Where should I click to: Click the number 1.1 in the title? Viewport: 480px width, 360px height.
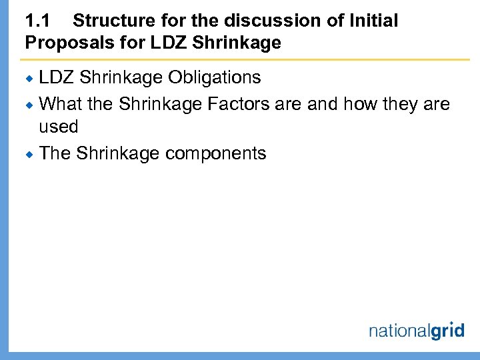click(x=38, y=21)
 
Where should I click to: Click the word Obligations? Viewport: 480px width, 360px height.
click(x=214, y=78)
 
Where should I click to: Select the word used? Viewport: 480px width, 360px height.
click(x=59, y=127)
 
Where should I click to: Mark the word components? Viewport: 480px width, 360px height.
click(x=215, y=154)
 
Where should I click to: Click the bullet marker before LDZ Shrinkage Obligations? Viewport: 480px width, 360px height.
click(x=30, y=79)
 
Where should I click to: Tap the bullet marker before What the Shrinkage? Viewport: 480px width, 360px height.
click(x=30, y=105)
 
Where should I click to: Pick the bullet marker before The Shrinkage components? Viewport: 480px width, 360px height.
click(x=30, y=154)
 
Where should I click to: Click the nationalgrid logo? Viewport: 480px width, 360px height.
click(x=416, y=329)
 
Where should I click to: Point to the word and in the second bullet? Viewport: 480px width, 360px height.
click(x=323, y=104)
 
